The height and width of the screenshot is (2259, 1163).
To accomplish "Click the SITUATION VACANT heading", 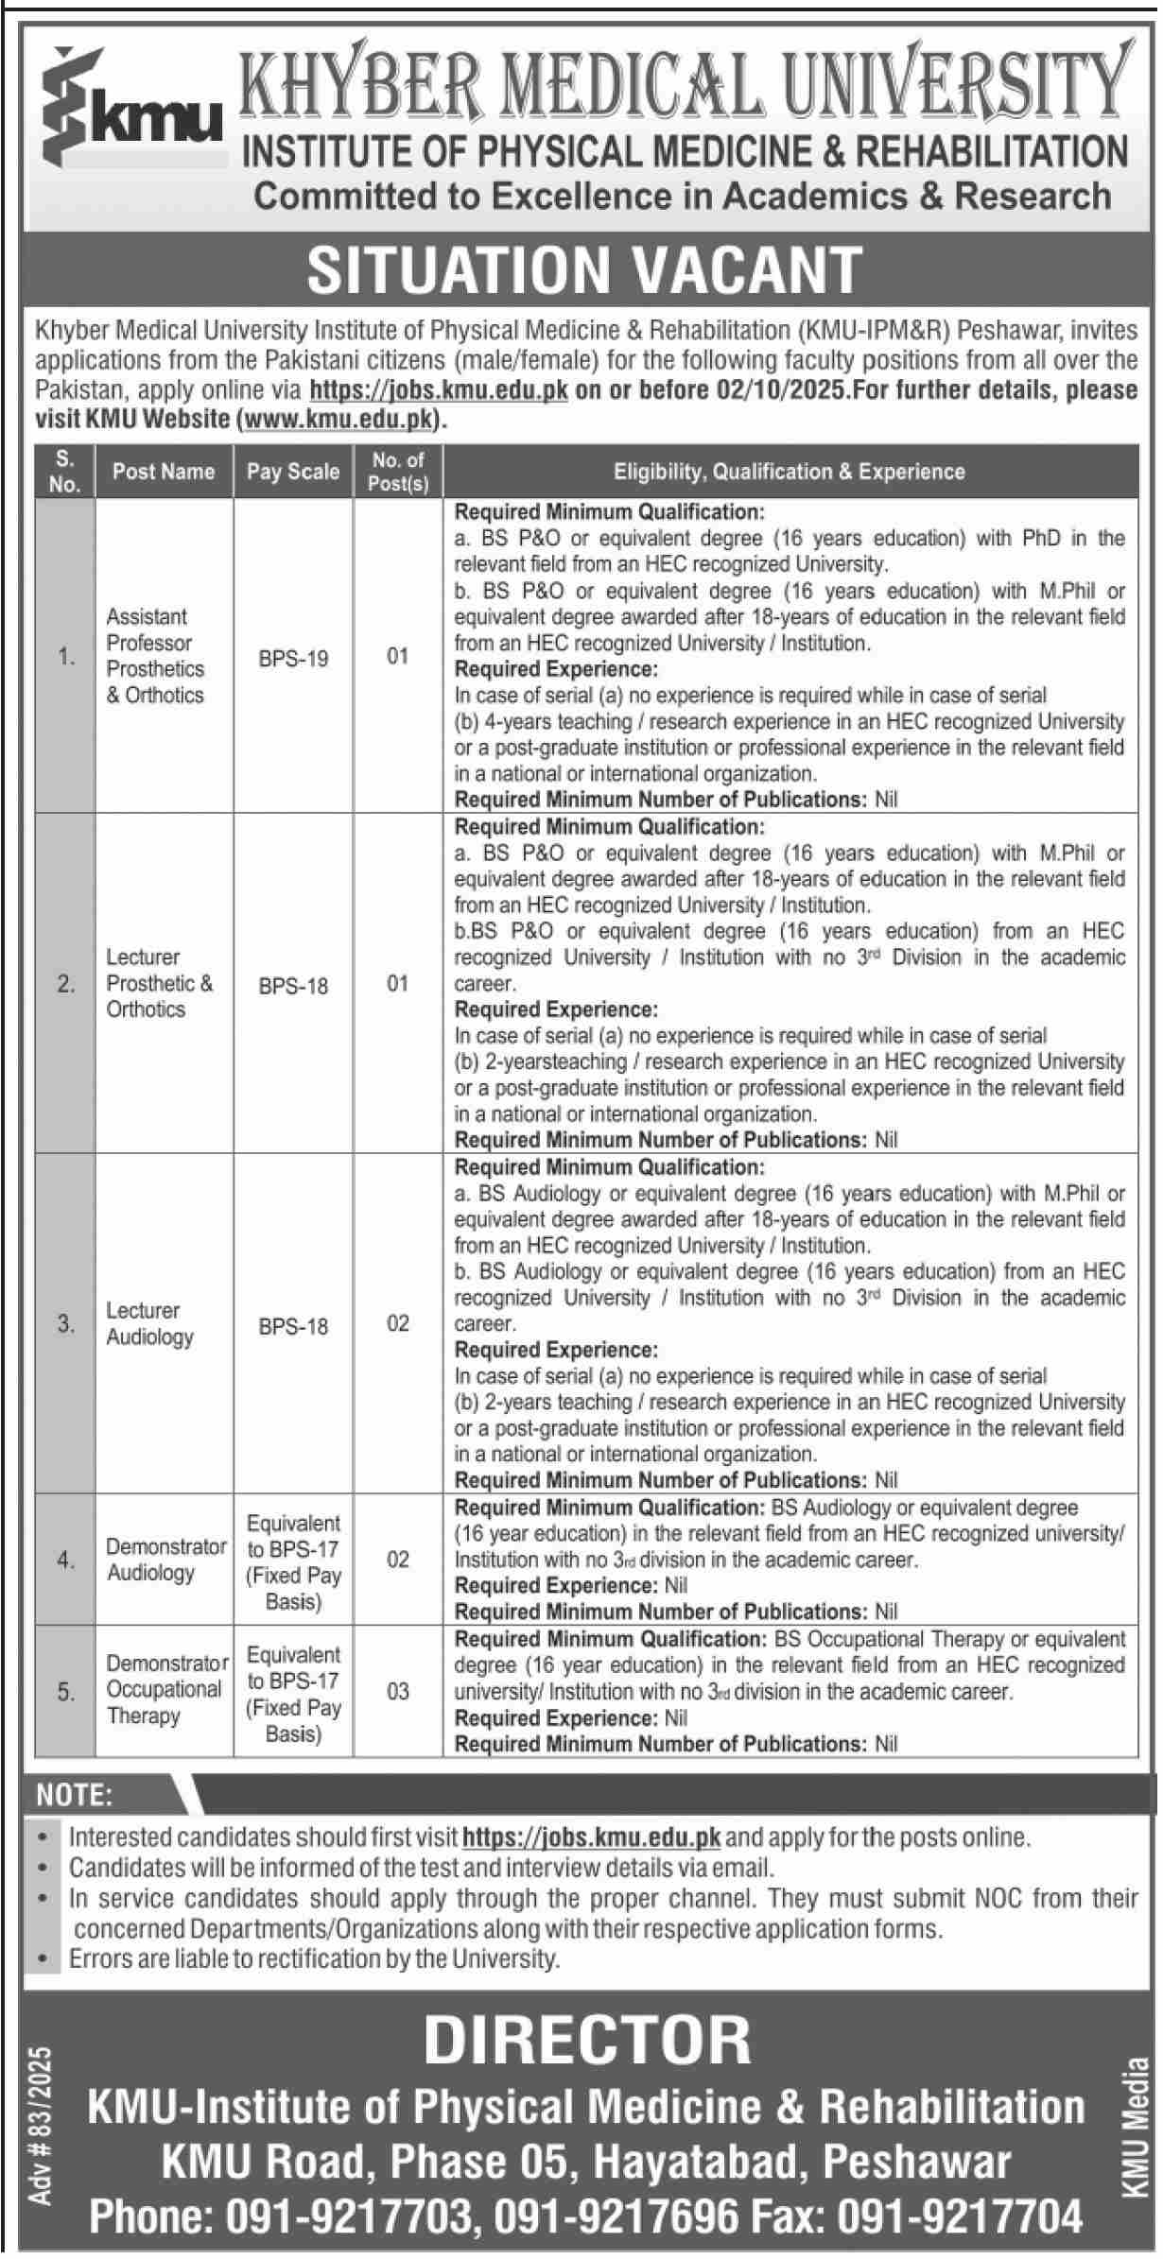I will pos(584,269).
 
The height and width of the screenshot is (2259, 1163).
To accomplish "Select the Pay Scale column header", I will pos(293,472).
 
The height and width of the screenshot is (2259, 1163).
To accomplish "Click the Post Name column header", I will pos(164,472).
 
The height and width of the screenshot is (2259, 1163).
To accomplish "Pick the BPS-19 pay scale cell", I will pos(293,658).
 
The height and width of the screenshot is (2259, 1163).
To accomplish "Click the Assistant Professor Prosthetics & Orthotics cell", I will pos(155,656).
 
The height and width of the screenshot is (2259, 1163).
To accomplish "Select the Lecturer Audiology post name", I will pos(149,1323).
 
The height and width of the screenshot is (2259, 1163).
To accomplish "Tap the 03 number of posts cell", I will pos(398,1690).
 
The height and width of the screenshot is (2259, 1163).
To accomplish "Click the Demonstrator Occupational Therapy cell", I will pos(164,1689).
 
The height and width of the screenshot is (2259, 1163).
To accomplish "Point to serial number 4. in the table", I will pos(65,1560).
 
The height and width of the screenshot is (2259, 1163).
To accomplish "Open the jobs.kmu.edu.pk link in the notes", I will pos(592,1837).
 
